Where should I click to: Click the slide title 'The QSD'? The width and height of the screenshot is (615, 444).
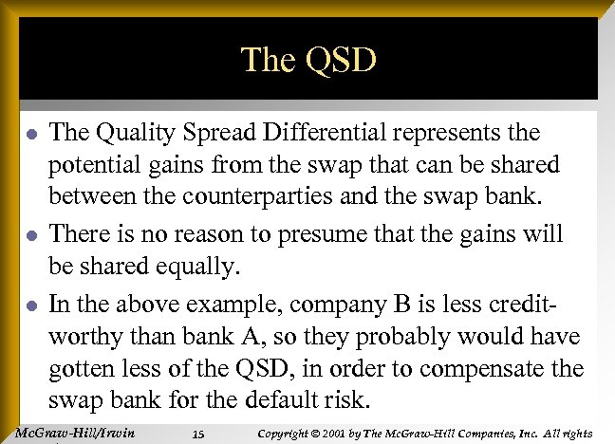click(x=308, y=60)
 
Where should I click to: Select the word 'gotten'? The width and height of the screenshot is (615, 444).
click(x=82, y=368)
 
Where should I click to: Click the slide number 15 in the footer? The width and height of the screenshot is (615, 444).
click(x=197, y=435)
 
